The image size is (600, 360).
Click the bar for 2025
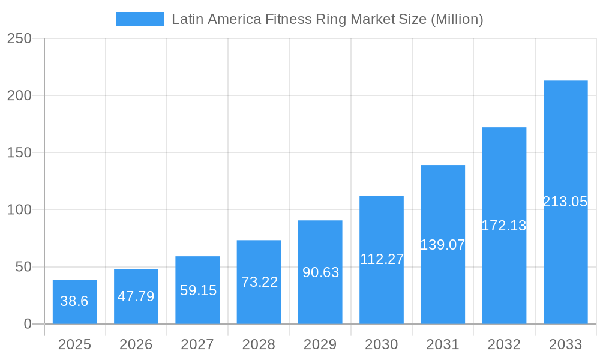(74, 302)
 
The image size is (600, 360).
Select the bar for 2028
(259, 282)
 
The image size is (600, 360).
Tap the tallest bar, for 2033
(565, 202)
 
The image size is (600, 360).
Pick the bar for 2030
(382, 260)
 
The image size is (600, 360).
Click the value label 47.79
(136, 296)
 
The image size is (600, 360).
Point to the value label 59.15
(198, 290)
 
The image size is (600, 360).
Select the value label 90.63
(320, 272)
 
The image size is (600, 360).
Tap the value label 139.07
(443, 245)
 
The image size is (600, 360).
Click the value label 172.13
(504, 226)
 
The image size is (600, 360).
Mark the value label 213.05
(565, 202)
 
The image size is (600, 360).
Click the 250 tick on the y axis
(19, 38)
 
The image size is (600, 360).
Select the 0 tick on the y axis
(27, 324)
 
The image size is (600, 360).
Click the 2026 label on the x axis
(136, 344)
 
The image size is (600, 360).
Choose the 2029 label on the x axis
(320, 344)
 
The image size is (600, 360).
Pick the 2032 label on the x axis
(504, 344)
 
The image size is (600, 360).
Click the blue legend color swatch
(140, 19)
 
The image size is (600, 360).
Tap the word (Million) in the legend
(457, 19)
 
